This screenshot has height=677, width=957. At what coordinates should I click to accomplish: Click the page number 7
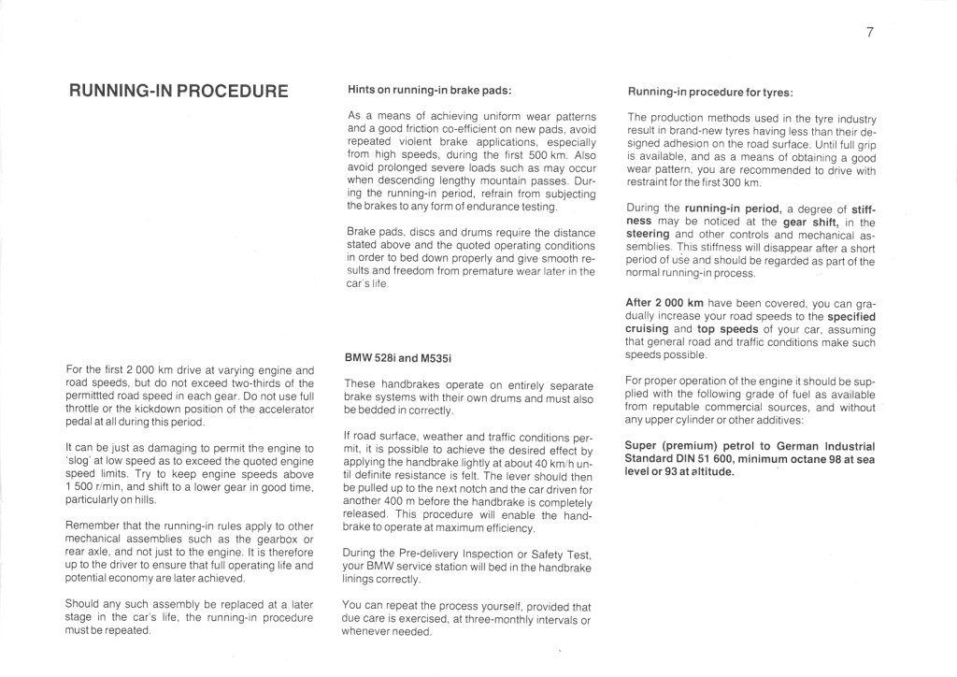[x=869, y=34]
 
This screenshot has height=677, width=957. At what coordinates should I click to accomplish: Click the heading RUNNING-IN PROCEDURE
[x=179, y=92]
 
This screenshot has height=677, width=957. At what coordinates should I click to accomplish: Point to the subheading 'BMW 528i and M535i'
[x=398, y=358]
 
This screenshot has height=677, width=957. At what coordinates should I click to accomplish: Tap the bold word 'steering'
[x=649, y=234]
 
